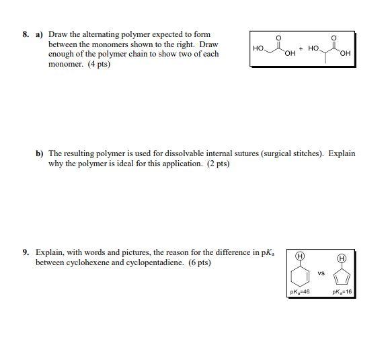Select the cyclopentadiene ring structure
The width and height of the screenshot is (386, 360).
[x=342, y=277]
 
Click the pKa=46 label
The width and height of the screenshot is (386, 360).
[x=299, y=292]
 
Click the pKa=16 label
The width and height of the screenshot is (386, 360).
[x=342, y=292]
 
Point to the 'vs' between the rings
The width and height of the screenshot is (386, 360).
[x=321, y=273]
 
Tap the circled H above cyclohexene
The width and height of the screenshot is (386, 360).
[x=301, y=257]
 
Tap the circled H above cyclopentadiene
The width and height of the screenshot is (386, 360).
[x=342, y=258]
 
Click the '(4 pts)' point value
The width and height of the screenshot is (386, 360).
[x=98, y=64]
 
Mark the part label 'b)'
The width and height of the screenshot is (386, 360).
[x=40, y=153]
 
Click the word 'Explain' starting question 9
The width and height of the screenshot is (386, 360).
[x=48, y=252]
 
